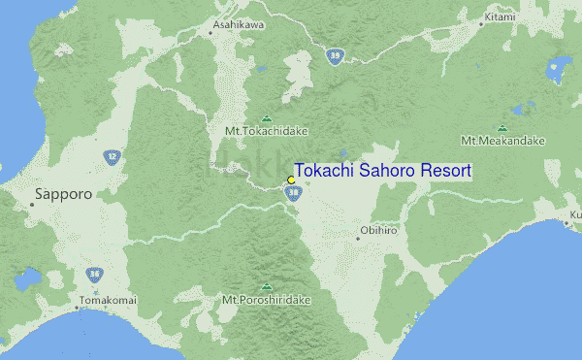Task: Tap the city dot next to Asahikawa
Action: click(210, 33)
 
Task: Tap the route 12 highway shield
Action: click(113, 155)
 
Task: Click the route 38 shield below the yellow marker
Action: click(292, 194)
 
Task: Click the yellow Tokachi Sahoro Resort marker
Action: click(291, 180)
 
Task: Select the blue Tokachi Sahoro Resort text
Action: click(382, 171)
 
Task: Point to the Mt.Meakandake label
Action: click(503, 141)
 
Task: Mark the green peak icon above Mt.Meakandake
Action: click(502, 128)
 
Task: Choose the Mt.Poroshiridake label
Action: click(267, 300)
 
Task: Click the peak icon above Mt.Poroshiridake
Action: click(266, 287)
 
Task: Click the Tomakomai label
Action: click(108, 301)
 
